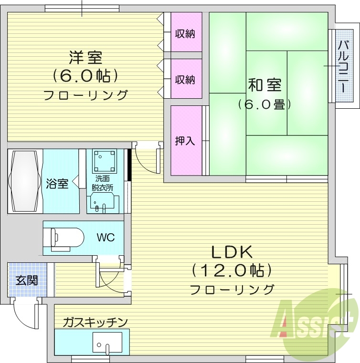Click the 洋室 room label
pyautogui.click(x=85, y=58)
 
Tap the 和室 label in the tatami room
pyautogui.click(x=264, y=85)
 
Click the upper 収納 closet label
pyautogui.click(x=184, y=34)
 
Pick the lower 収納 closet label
pyautogui.click(x=184, y=79)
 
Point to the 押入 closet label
pyautogui.click(x=184, y=141)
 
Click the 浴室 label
pyautogui.click(x=57, y=183)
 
